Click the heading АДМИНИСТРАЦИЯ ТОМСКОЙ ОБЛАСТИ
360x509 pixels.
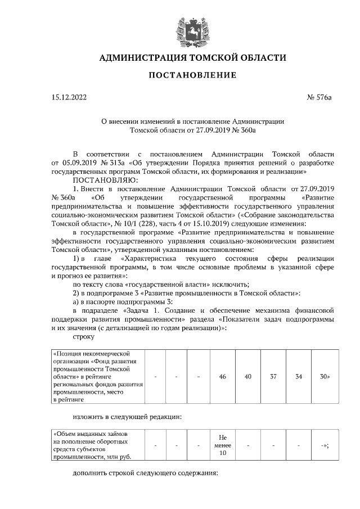pos(192,58)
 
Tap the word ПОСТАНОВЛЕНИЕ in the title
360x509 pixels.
pos(192,75)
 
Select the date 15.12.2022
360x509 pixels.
pos(69,97)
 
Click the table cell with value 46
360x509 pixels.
pos(222,376)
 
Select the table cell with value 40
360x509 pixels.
pos(247,376)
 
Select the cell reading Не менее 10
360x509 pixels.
pos(222,445)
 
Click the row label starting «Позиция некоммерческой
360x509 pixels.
pos(96,376)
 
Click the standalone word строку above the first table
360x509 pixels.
pos(84,336)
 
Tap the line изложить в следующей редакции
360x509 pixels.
pos(127,417)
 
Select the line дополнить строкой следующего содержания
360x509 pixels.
pos(145,473)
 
